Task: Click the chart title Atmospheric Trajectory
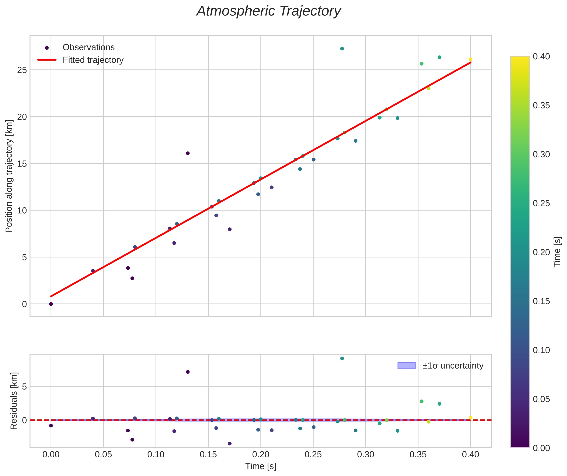(x=268, y=11)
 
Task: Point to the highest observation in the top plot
(x=342, y=49)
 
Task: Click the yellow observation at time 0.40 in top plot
(x=470, y=59)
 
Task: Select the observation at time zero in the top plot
(x=51, y=304)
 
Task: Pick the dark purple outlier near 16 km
(x=188, y=153)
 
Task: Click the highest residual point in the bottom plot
(x=342, y=358)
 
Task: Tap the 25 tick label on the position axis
(x=22, y=70)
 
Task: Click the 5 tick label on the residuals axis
(x=24, y=386)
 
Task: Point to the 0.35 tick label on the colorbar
(x=541, y=106)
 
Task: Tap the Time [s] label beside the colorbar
(x=557, y=252)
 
